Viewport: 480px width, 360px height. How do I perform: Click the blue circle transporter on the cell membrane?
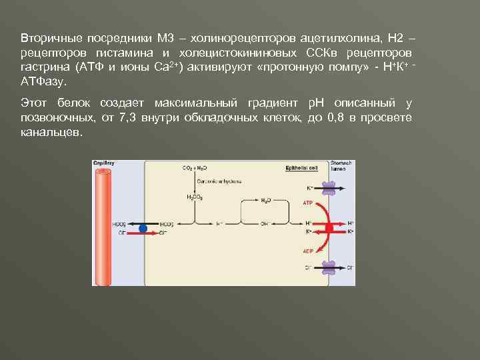pyautogui.click(x=142, y=228)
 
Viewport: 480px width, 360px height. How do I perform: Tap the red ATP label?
pyautogui.click(x=308, y=202)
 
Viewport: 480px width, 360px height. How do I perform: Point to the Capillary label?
pyautogui.click(x=104, y=163)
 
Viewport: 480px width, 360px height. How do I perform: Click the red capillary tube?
pyautogui.click(x=104, y=227)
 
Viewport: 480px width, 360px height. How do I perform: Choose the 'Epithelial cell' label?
pyautogui.click(x=299, y=168)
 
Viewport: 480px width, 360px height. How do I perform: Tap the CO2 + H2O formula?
pyautogui.click(x=194, y=168)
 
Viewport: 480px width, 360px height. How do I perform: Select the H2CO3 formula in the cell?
pyautogui.click(x=194, y=197)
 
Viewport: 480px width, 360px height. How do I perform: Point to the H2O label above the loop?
pyautogui.click(x=265, y=199)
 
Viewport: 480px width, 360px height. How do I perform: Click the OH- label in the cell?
pyautogui.click(x=265, y=224)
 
